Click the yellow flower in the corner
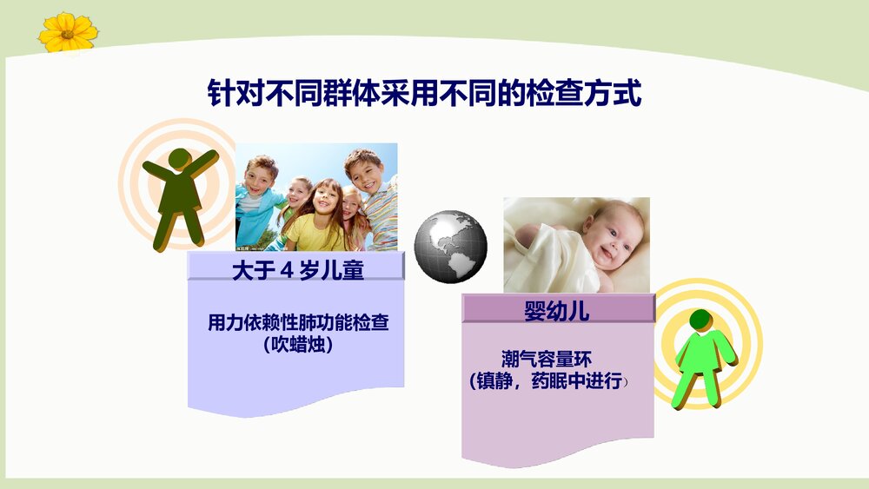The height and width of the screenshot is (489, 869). coord(68,31)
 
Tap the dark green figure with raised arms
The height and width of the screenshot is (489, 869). coord(180,198)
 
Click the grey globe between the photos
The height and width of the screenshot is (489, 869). coord(450,245)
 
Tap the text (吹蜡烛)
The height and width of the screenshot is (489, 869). coord(298,345)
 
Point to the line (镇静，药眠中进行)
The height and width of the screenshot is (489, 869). coord(546,380)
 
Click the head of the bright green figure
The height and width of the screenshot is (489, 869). coord(700,320)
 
